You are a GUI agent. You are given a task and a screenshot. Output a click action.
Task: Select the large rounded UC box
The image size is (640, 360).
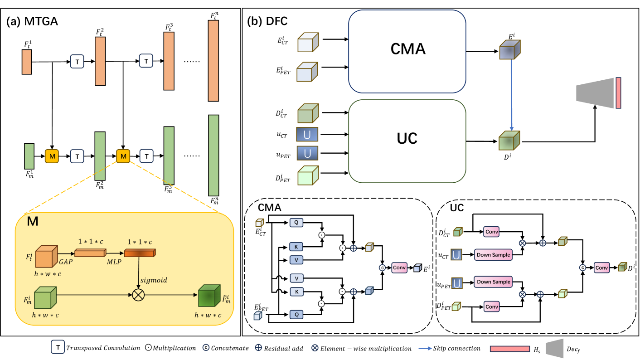407,138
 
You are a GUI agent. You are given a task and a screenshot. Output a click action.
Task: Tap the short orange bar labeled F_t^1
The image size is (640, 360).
27,62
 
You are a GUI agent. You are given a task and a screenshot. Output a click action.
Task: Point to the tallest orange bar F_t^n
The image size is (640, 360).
213,60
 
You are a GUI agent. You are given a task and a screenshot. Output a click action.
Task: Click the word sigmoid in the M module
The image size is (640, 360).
153,280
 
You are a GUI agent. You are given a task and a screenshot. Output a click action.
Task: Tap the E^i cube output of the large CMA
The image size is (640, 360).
510,50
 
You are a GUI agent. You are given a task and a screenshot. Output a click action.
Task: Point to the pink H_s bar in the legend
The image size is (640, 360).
510,349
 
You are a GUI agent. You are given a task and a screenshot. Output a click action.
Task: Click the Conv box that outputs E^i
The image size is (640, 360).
399,268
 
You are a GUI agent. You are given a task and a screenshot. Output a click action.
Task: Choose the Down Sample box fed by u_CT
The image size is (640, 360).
493,255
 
